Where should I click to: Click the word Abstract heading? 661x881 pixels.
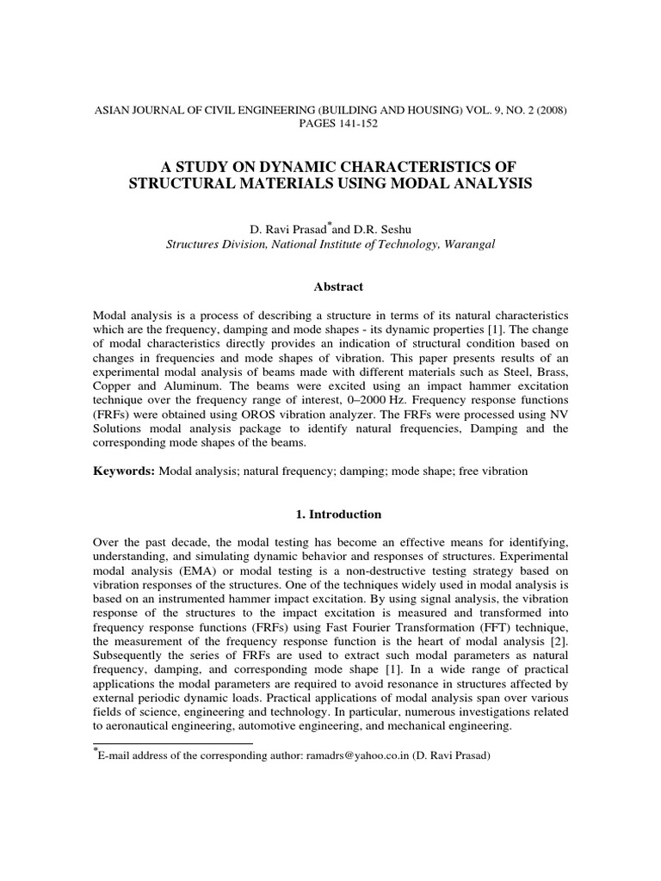330,286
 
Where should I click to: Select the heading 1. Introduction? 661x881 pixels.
330,514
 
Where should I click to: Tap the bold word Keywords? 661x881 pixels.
122,472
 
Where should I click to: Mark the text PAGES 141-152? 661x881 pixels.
330,123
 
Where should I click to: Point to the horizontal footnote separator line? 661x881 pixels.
172,742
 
